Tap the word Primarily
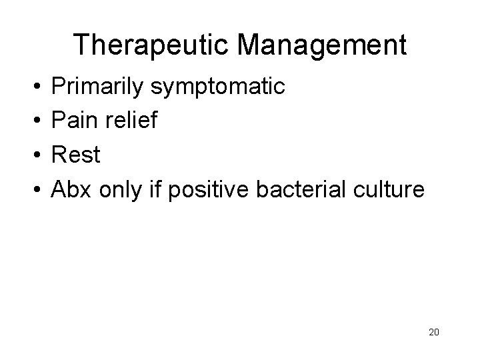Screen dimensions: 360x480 coord(100,87)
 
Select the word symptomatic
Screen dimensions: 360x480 coord(221,87)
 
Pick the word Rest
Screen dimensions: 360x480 coord(76,155)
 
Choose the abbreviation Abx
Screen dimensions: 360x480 coord(73,190)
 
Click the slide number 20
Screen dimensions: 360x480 coord(434,332)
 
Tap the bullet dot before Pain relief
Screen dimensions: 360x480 coord(33,121)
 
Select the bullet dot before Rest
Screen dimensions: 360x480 coord(33,156)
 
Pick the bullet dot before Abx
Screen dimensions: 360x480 coord(33,191)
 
